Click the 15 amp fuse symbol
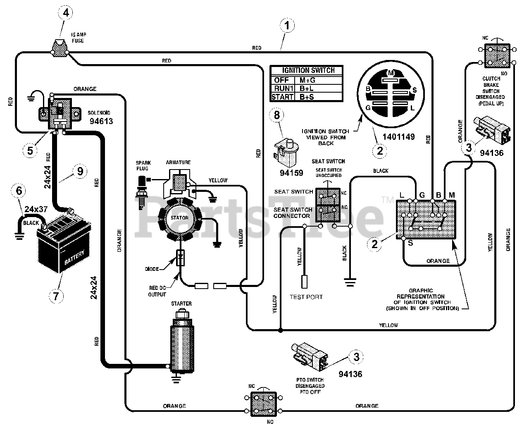[60, 48]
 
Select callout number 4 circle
[65, 12]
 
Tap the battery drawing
[64, 242]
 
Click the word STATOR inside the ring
[179, 217]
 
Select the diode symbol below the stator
[180, 258]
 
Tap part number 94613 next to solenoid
[101, 121]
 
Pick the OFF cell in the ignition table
[282, 80]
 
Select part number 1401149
[398, 136]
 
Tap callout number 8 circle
[276, 115]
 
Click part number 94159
[291, 173]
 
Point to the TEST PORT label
[306, 297]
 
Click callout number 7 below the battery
[56, 296]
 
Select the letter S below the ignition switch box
[410, 243]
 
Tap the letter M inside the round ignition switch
[391, 73]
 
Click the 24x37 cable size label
[36, 209]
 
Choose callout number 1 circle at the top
[287, 25]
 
